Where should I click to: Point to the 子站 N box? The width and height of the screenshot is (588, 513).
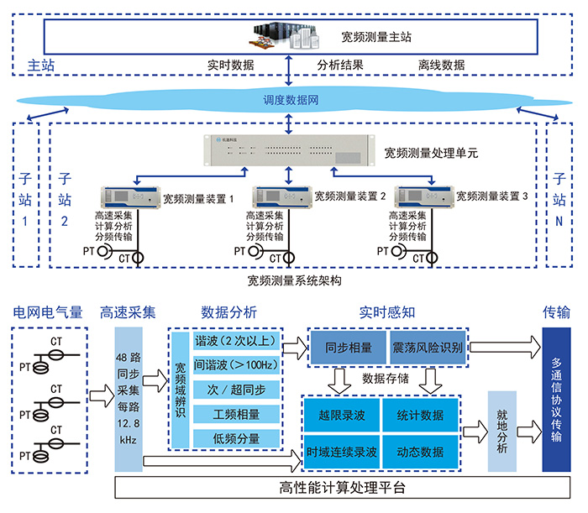559,195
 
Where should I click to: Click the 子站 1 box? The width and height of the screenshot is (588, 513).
25,195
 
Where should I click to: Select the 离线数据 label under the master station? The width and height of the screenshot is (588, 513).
441,65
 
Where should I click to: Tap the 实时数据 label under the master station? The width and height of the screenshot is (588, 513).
230,65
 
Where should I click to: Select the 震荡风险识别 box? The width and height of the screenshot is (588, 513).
427,347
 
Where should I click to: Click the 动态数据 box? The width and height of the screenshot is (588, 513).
424,451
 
